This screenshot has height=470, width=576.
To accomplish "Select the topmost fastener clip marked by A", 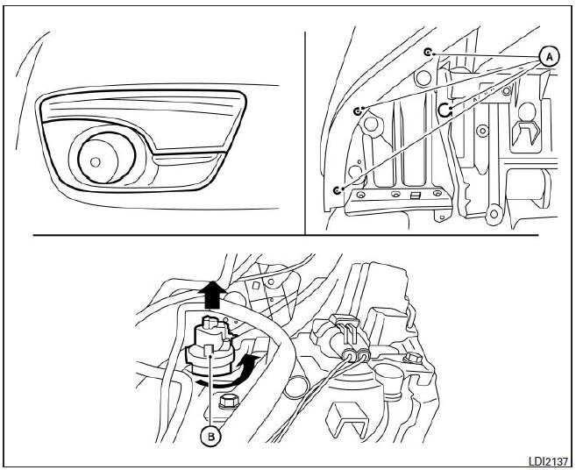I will [x=427, y=53].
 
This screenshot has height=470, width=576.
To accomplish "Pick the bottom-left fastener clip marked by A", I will [x=338, y=189].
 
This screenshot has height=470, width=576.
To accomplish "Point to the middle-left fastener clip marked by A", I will [x=359, y=111].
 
